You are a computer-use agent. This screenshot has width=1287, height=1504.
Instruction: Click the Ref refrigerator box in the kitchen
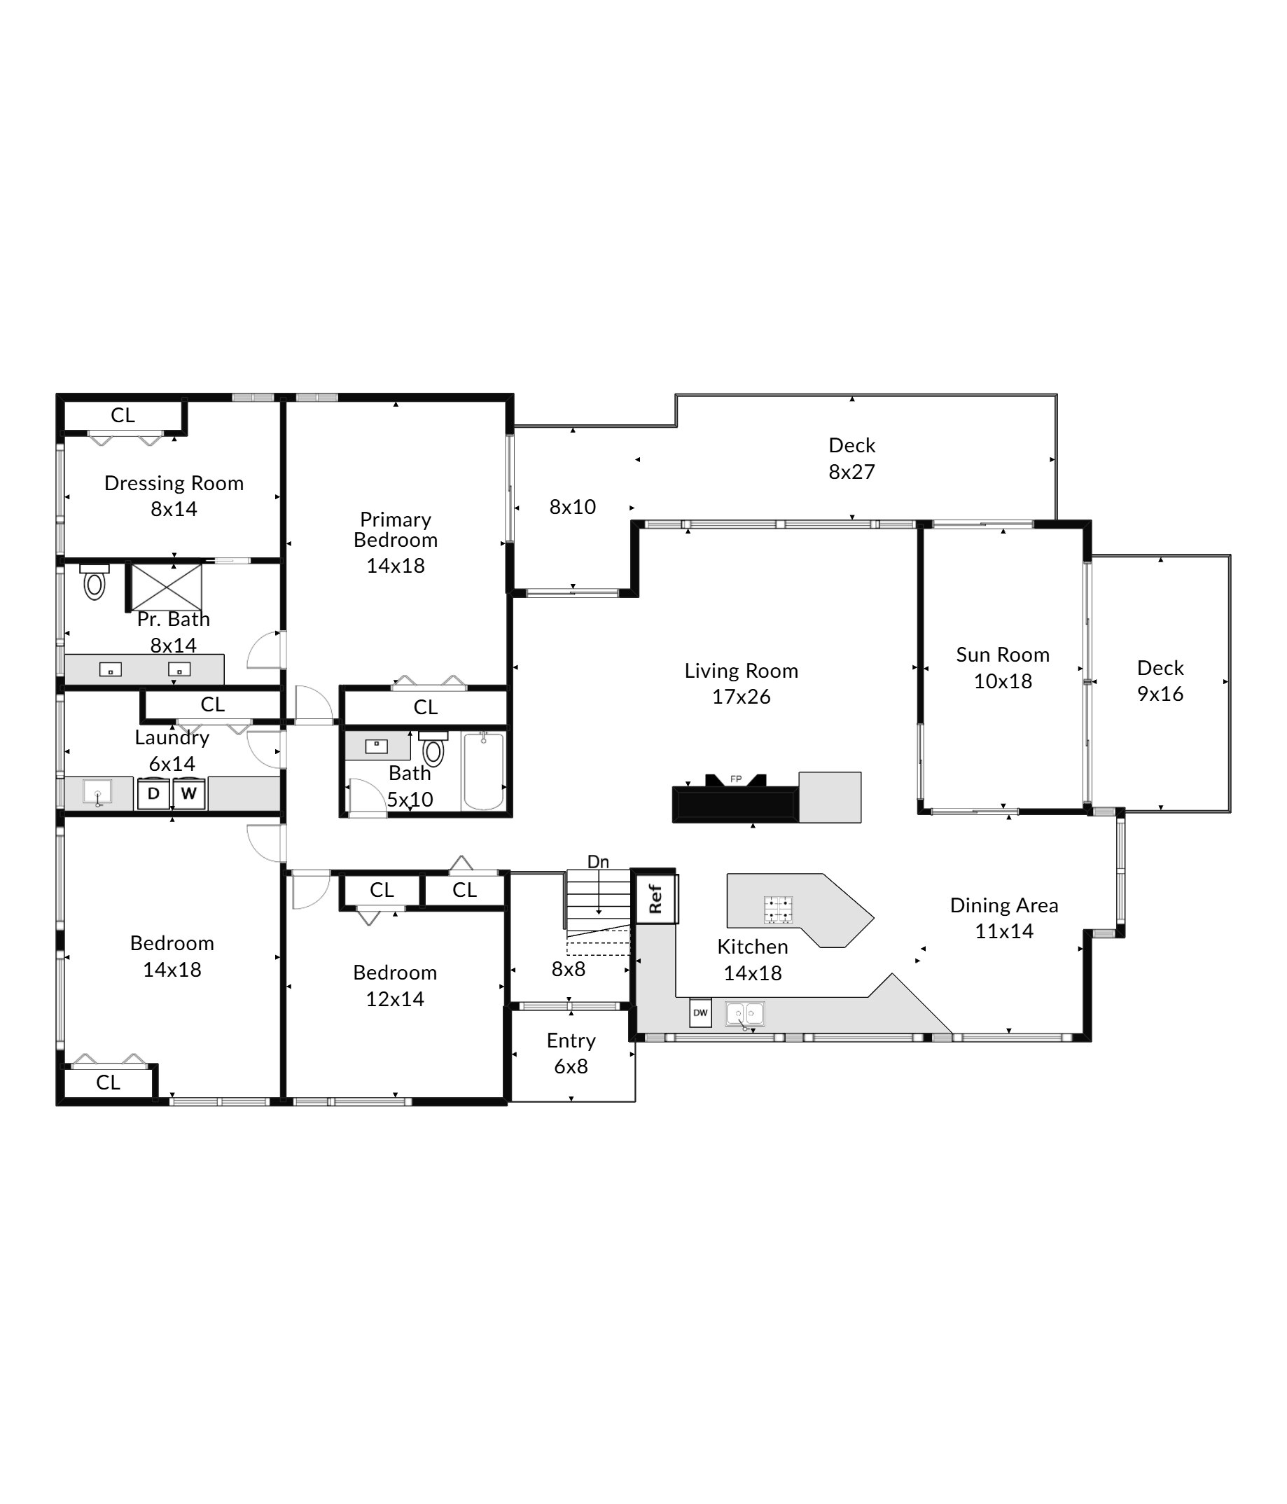coord(655,898)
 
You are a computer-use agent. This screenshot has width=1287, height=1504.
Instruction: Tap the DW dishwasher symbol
coord(700,1012)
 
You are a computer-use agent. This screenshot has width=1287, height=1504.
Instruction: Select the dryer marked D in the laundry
coord(154,793)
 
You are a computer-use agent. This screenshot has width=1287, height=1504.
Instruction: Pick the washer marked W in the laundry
coord(189,793)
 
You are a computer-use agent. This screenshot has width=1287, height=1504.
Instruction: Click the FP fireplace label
coord(735,779)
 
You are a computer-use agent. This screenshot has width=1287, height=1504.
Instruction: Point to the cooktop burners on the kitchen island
coord(777,910)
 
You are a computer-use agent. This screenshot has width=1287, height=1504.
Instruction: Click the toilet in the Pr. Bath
coord(95,581)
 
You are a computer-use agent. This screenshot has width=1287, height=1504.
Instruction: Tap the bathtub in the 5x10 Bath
coord(483,771)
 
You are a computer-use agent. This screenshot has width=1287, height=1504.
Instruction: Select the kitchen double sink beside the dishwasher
coord(745,1014)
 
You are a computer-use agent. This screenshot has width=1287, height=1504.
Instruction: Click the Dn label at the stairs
coord(598,862)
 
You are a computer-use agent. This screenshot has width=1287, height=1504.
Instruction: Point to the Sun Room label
coord(1003,655)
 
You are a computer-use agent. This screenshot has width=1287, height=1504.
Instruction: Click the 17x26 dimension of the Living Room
coord(741,697)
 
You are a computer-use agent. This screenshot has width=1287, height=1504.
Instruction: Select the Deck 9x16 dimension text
coord(1160,694)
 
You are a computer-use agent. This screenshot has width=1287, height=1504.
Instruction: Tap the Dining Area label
coord(1004,905)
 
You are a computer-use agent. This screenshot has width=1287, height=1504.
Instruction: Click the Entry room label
coord(571,1041)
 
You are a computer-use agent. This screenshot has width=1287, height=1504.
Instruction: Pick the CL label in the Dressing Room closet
coord(123,415)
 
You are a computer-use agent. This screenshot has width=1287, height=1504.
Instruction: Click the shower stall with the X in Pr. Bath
coord(167,587)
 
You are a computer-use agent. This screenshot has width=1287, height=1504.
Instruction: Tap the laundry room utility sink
coord(97,793)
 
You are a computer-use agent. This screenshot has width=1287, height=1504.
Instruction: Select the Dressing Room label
coord(174,483)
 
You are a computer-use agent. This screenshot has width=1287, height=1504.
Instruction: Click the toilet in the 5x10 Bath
coord(433,749)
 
